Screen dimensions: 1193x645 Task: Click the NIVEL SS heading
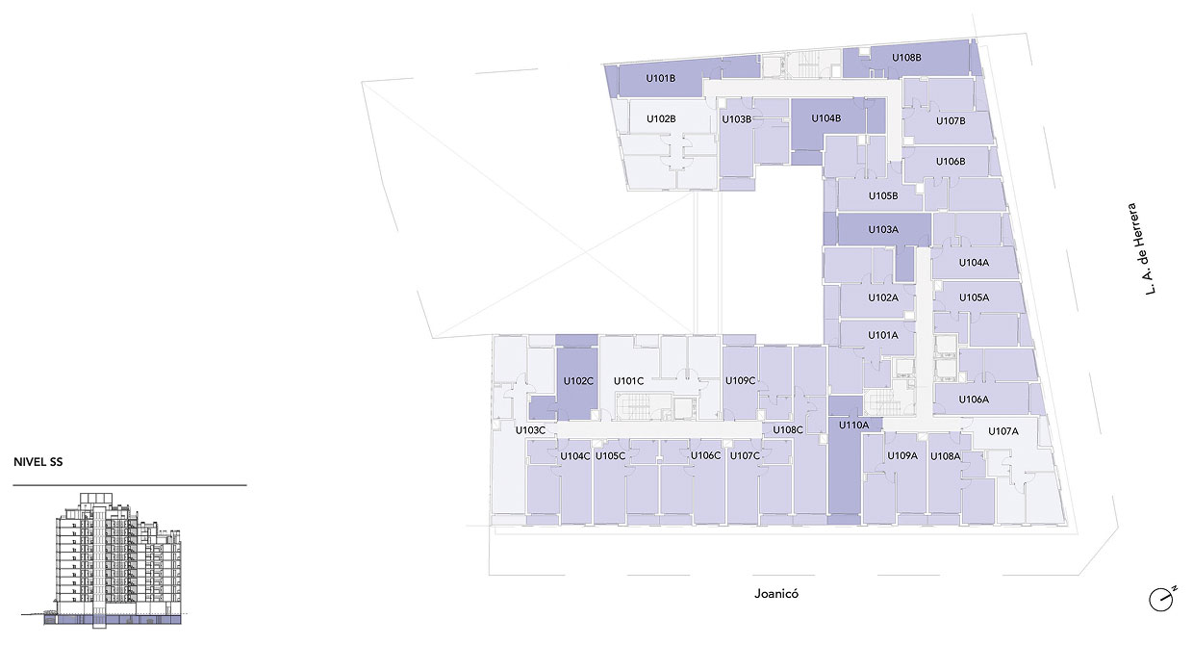[x=38, y=462]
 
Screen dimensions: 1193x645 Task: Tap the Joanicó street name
[x=776, y=594]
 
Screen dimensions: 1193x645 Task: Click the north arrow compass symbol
[x=1162, y=599]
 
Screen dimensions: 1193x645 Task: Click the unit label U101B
[x=660, y=78]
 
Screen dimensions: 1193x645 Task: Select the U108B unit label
[x=906, y=58]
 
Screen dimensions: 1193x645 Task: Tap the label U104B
[x=826, y=118]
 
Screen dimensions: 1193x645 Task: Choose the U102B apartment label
[x=661, y=118]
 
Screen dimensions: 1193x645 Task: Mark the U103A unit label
[x=883, y=230]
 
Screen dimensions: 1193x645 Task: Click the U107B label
[x=951, y=121]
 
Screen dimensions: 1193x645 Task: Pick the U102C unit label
[x=578, y=381]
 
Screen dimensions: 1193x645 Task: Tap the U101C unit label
[x=628, y=381]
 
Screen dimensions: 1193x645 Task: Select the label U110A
[x=853, y=425]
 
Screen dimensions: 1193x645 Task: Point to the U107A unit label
[x=1003, y=431]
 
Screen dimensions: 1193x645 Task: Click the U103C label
[x=530, y=430]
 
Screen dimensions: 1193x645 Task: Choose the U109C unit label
[x=740, y=380]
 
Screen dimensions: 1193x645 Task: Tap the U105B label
[x=883, y=195]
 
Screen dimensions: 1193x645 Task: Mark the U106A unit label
[x=974, y=400]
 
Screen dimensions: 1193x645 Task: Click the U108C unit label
[x=788, y=429]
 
